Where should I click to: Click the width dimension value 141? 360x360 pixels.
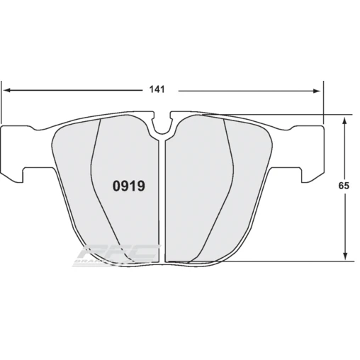pyautogui.click(x=157, y=89)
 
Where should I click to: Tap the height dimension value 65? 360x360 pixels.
pyautogui.click(x=344, y=186)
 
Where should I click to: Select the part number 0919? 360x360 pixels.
pyautogui.click(x=130, y=186)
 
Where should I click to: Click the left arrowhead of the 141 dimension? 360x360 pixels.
pyautogui.click(x=8, y=90)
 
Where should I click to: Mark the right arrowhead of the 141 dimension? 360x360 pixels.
pyautogui.click(x=317, y=90)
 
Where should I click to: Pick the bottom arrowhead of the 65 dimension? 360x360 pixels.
pyautogui.click(x=344, y=257)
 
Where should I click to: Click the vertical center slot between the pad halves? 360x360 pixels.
pyautogui.click(x=164, y=198)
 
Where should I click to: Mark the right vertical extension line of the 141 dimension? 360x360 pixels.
pyautogui.click(x=322, y=99)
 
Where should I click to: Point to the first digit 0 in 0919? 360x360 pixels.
pyautogui.click(x=118, y=186)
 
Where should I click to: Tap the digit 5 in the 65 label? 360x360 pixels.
pyautogui.click(x=347, y=186)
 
